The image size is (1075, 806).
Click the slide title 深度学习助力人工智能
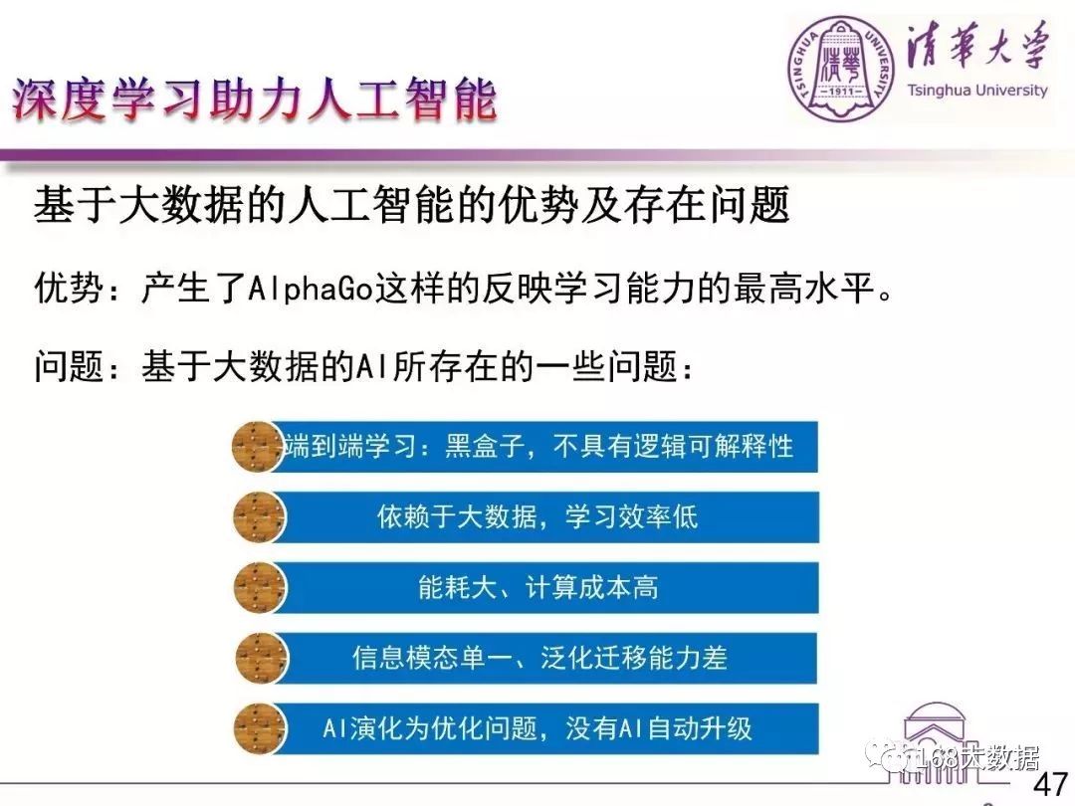point(254,100)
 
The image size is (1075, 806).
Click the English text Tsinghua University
point(977,91)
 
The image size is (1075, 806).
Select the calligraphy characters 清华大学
point(977,46)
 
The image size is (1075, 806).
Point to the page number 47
point(1050,784)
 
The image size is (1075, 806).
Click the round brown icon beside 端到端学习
point(259,447)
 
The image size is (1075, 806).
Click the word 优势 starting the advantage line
point(70,289)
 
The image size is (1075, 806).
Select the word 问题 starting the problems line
point(70,366)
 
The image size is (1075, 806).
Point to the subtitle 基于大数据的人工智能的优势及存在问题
point(411,204)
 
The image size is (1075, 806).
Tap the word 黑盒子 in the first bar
point(486,446)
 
